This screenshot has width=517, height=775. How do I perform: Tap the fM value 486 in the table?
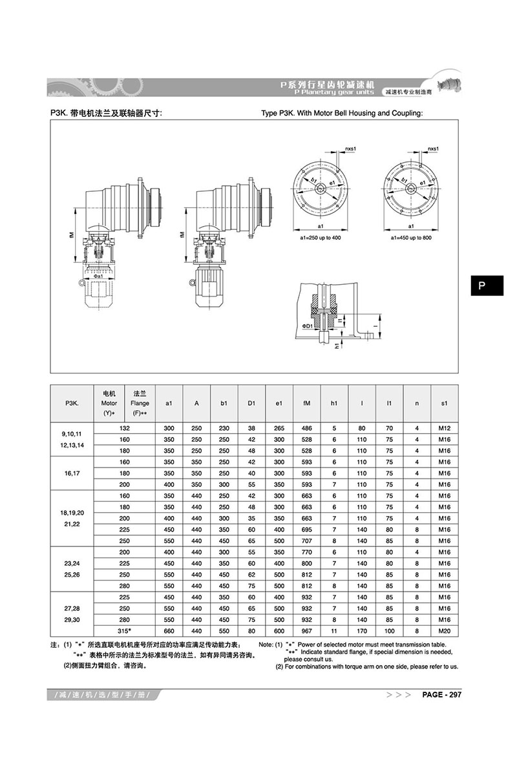click(x=306, y=428)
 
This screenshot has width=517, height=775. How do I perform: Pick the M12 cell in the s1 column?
click(x=444, y=428)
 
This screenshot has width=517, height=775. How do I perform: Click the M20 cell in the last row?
click(x=444, y=629)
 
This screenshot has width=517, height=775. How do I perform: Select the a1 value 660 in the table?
click(x=169, y=629)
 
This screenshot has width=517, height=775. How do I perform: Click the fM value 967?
click(x=306, y=629)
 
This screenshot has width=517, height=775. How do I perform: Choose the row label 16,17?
click(x=72, y=473)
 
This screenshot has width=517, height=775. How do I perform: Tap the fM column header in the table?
click(x=306, y=404)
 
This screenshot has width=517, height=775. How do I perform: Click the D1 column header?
click(x=251, y=404)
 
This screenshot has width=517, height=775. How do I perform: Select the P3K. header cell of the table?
click(x=72, y=404)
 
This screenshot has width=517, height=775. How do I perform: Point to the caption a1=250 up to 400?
click(x=321, y=238)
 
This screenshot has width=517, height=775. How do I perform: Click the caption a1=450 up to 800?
click(x=412, y=238)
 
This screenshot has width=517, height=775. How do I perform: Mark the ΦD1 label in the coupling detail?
click(x=306, y=327)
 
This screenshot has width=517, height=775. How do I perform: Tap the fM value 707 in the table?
click(x=306, y=540)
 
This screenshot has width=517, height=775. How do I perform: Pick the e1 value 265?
click(x=279, y=428)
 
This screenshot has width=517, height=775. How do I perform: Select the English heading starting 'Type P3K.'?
click(x=341, y=113)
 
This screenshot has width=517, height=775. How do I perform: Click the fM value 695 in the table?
click(x=306, y=529)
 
